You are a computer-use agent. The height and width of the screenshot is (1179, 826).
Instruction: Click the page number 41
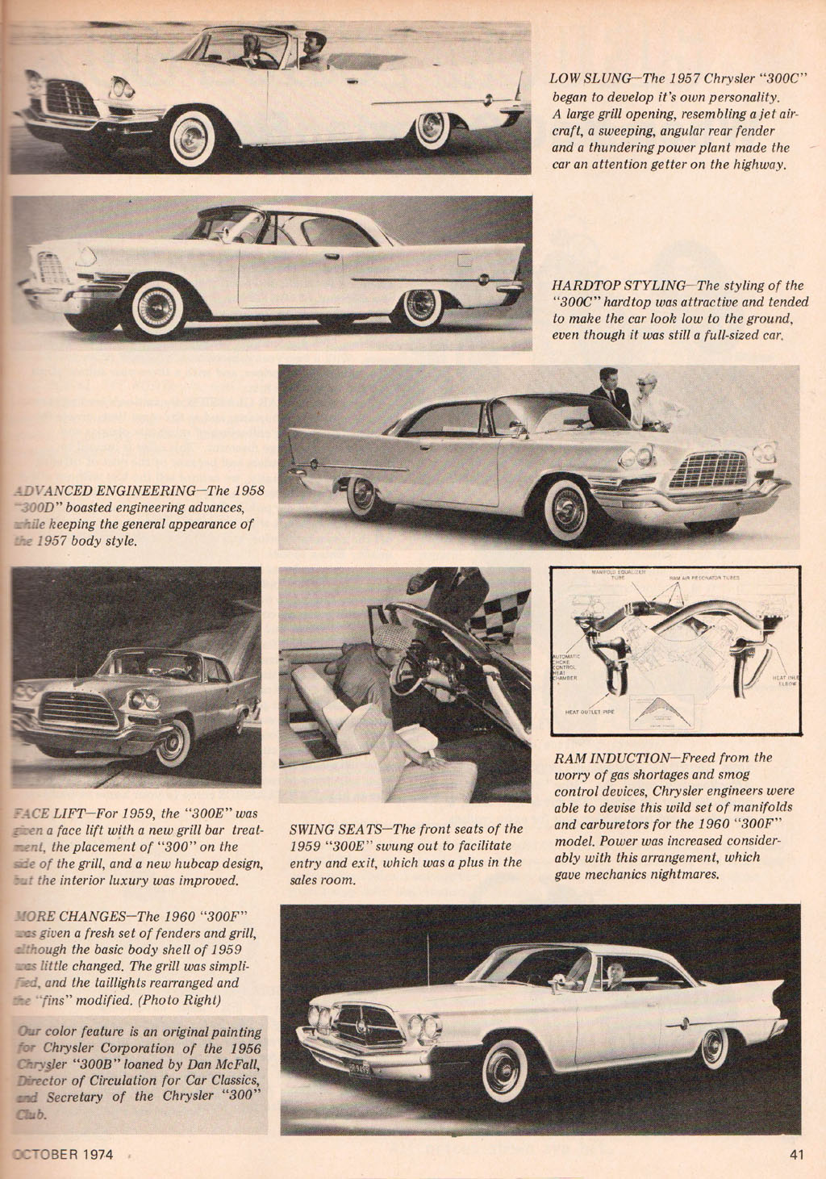797,1155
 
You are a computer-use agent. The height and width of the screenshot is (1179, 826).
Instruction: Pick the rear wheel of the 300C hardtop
421,306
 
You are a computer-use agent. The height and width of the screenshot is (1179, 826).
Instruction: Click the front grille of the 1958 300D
708,470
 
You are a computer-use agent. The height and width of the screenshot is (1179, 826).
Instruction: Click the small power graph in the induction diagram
661,710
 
